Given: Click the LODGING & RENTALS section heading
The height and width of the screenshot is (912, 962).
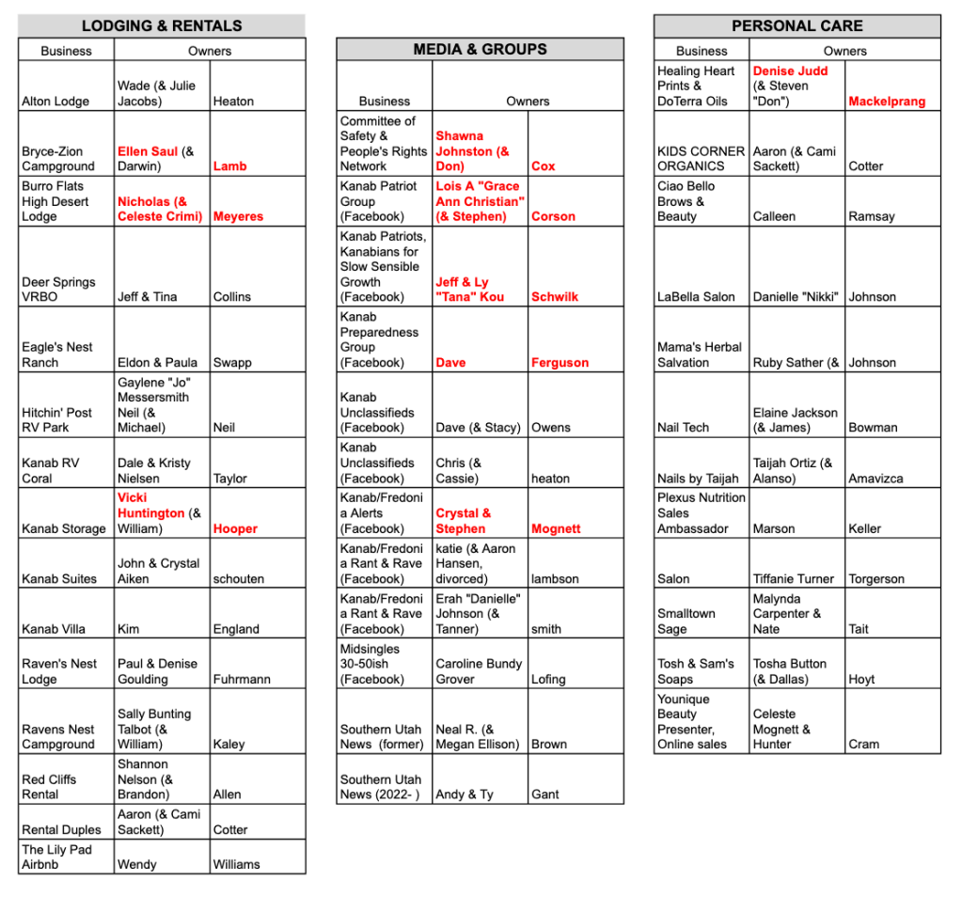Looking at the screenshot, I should (162, 25).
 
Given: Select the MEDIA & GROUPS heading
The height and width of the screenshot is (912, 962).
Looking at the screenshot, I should (480, 49).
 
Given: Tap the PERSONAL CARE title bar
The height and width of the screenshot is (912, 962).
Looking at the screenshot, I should (796, 25).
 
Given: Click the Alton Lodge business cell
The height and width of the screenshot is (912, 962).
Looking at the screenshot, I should (55, 102).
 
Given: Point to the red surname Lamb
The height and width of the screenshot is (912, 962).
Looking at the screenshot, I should (230, 166).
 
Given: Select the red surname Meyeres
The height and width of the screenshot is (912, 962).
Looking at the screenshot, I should (238, 216).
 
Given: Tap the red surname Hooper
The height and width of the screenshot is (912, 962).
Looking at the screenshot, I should (235, 528).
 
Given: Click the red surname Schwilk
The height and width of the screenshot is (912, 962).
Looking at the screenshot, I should (555, 297).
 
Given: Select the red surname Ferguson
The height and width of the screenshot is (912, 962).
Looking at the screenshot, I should (560, 362).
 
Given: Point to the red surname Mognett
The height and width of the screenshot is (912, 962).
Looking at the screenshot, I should (556, 528).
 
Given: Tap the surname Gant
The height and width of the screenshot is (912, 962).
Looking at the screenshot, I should (544, 794).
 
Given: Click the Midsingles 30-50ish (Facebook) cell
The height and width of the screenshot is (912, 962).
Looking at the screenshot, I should (372, 664).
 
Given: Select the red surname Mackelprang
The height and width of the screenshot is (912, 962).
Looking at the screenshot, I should (887, 102).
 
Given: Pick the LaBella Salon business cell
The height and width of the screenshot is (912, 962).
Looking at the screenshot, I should (696, 297).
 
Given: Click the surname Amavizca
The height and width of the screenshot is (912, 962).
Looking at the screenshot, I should (875, 479).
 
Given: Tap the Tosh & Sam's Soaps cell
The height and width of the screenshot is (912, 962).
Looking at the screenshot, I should (696, 671).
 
